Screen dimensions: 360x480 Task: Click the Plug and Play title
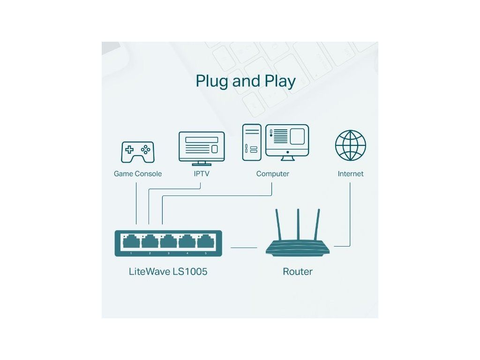click(246, 81)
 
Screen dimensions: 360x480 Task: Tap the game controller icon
click(138, 151)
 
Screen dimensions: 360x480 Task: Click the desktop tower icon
click(252, 142)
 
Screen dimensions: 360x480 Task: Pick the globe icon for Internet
click(351, 145)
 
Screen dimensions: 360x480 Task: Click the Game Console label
click(138, 174)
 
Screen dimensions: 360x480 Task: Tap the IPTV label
click(202, 174)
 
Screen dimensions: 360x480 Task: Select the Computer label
click(272, 174)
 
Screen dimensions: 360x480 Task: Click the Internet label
click(351, 174)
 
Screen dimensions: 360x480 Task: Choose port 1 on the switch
click(131, 242)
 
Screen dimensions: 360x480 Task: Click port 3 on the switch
click(168, 242)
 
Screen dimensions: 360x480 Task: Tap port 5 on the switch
click(205, 242)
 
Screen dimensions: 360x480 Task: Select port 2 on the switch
click(150, 242)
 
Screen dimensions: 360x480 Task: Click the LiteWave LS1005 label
click(168, 271)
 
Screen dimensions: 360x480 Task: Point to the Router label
click(297, 271)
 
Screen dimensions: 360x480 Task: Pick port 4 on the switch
click(187, 242)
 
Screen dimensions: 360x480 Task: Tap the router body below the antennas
click(297, 248)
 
